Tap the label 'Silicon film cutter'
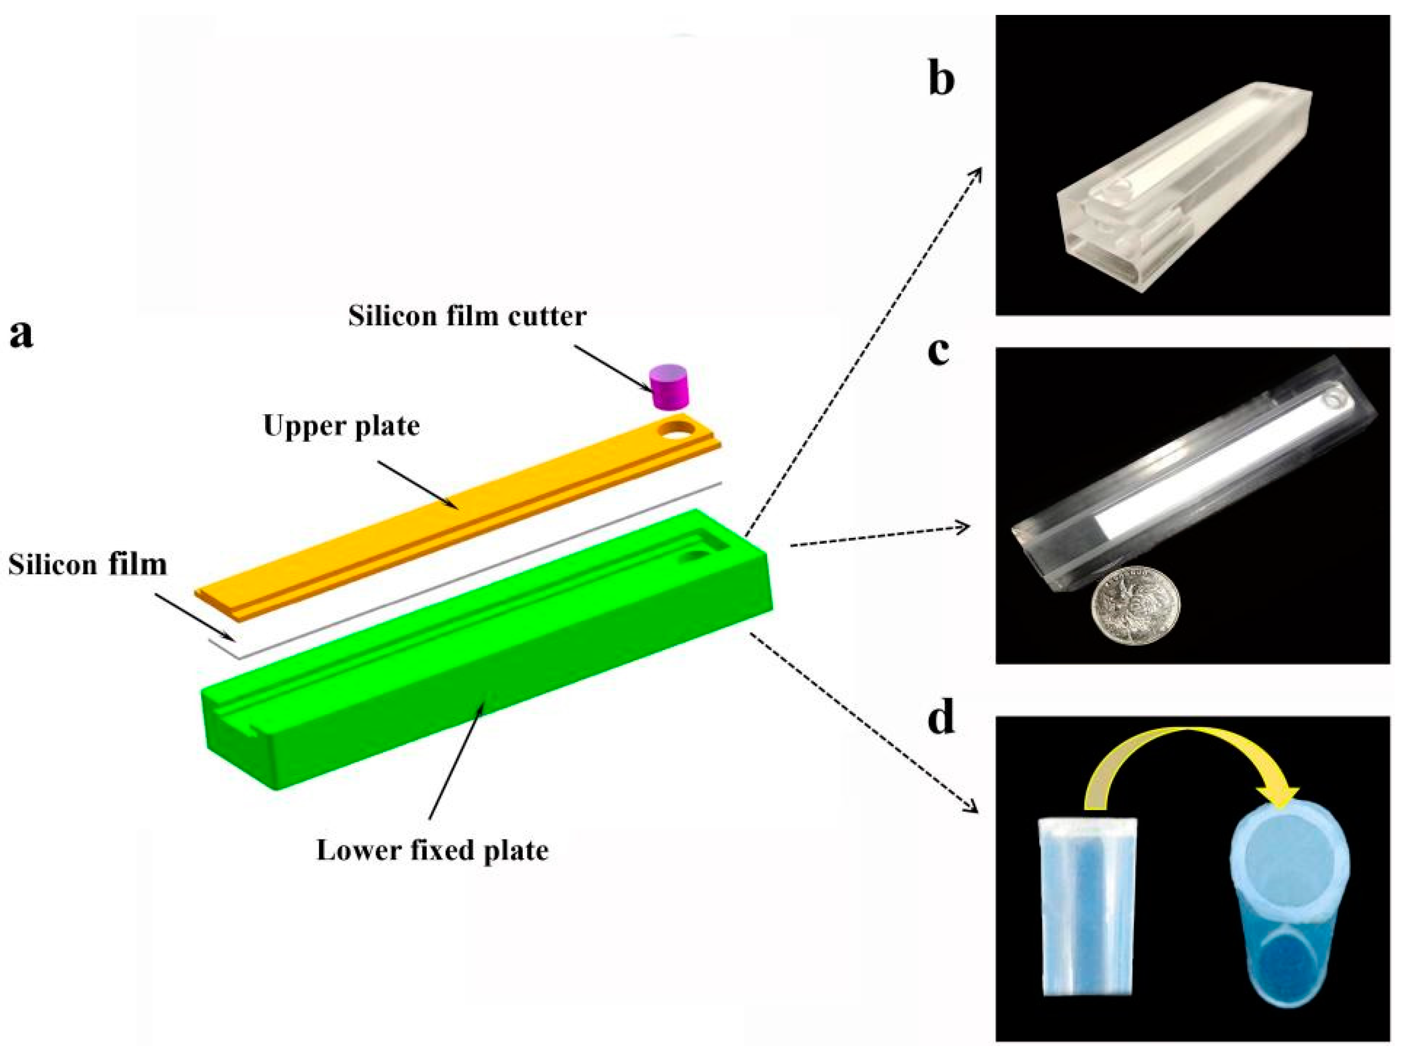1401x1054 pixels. pyautogui.click(x=467, y=315)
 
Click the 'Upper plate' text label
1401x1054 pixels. pyautogui.click(x=341, y=426)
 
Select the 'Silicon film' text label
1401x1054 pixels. pyautogui.click(x=87, y=565)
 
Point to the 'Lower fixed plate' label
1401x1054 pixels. pyautogui.click(x=433, y=850)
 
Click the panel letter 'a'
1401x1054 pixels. pyautogui.click(x=21, y=334)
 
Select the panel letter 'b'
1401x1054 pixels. pyautogui.click(x=941, y=79)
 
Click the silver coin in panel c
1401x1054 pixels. pyautogui.click(x=1135, y=605)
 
